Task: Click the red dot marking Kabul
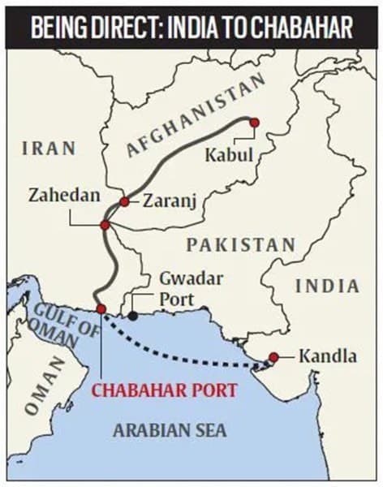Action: point(254,122)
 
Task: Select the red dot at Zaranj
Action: point(124,201)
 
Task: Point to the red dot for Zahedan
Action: point(105,225)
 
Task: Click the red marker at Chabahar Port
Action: point(101,308)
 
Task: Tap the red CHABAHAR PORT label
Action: point(164,390)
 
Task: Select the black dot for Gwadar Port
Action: point(132,314)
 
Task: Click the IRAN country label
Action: point(49,149)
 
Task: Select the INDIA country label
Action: point(326,286)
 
